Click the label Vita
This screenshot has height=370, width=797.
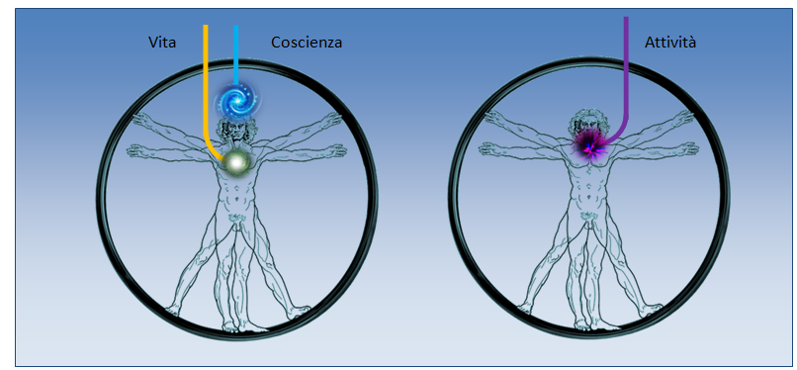tap(162, 43)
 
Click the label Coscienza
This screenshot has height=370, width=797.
tap(306, 43)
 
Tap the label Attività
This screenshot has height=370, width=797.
tap(669, 43)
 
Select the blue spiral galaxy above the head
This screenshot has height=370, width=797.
tap(235, 100)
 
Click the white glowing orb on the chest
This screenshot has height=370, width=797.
tap(235, 162)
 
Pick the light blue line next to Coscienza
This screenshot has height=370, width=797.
tap(236, 54)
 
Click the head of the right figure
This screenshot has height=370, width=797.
tap(587, 126)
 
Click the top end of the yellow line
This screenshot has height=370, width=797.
tap(206, 25)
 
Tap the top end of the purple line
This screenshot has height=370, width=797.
tap(626, 17)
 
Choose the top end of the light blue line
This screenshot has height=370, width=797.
tap(236, 25)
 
